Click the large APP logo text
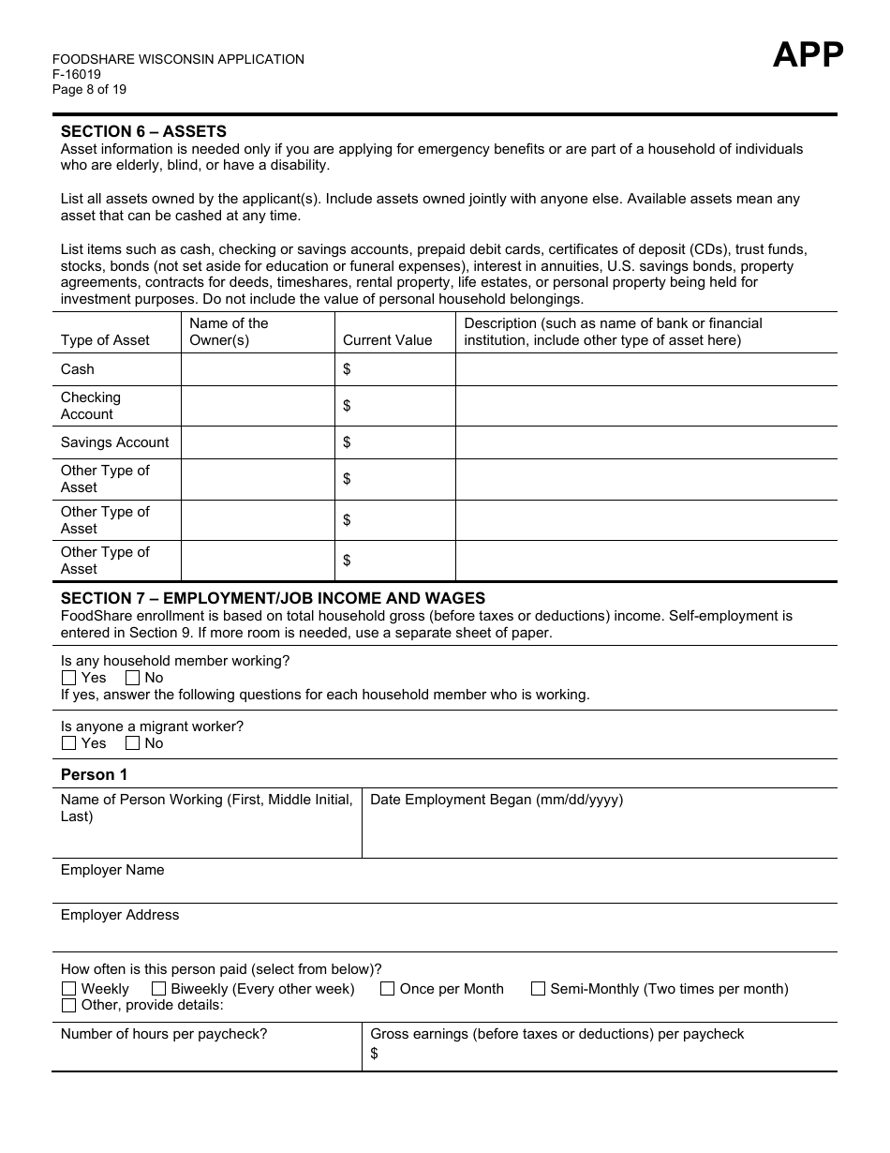pos(807,55)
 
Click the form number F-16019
pos(77,75)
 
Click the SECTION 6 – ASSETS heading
pos(143,132)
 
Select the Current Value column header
pos(387,340)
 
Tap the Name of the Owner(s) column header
pos(229,332)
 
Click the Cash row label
pos(78,369)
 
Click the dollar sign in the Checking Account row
pos(347,406)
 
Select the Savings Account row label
pos(114,442)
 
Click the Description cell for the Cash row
pos(645,369)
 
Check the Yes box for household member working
pos(68,678)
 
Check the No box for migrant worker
pos(132,743)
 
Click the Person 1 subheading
pos(94,774)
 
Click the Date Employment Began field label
pos(497,800)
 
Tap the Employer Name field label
pos(112,870)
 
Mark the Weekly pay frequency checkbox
pos(68,989)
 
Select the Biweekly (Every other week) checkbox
pos(158,989)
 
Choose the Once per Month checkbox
pos(387,989)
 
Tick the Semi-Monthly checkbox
pos(538,989)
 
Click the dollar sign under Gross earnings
pos(375,1054)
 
